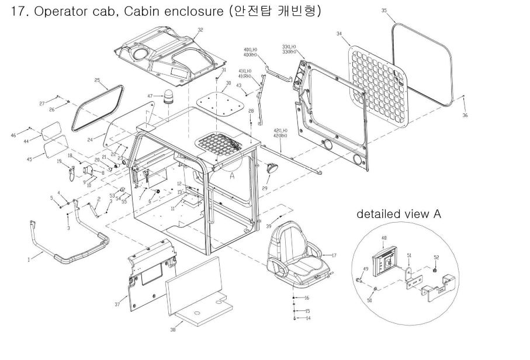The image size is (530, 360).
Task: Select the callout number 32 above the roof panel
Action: point(200,29)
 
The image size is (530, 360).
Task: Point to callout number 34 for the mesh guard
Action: point(340,34)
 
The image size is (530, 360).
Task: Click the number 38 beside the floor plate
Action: point(172,330)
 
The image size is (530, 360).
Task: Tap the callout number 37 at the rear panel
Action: point(117,304)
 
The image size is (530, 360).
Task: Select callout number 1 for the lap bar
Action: point(28,261)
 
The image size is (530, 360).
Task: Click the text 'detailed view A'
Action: point(399,214)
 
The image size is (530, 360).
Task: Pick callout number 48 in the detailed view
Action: point(384,238)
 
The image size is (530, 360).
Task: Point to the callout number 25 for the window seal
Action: point(98,79)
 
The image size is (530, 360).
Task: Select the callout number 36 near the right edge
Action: point(465,116)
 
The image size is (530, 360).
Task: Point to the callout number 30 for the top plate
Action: point(228,84)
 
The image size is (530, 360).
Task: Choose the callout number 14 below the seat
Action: point(308,319)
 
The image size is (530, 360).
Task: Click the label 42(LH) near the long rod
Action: point(280,130)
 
